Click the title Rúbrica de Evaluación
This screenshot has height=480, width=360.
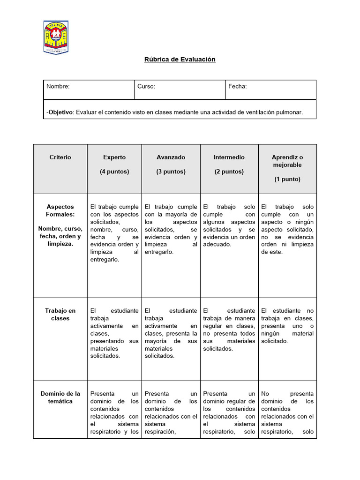point(179,60)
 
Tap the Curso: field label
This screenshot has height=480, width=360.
point(146,87)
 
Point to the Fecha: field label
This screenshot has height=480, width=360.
point(238,87)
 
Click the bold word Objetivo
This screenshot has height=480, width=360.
point(60,112)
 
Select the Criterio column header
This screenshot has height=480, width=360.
point(60,157)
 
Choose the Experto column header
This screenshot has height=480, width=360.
point(114,157)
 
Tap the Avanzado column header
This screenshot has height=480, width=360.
point(171,157)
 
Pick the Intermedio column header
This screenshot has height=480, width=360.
point(229,157)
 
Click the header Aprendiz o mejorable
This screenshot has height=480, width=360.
point(287,161)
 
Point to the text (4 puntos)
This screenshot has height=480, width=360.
point(114,172)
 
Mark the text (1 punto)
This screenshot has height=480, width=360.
point(287,179)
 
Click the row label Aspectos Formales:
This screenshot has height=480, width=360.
point(60,210)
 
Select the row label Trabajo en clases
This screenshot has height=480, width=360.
point(60,315)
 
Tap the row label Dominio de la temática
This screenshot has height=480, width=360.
point(60,397)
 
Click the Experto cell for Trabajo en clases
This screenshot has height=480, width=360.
point(114,333)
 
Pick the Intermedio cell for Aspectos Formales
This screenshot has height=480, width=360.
point(229,225)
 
